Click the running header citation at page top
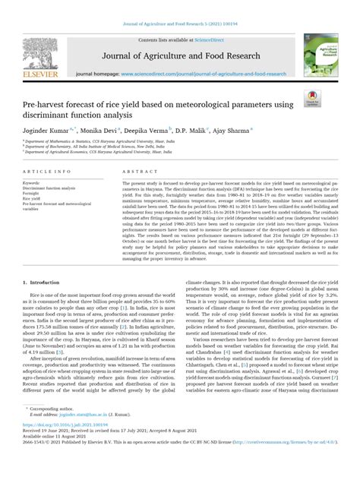pos(179,5)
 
